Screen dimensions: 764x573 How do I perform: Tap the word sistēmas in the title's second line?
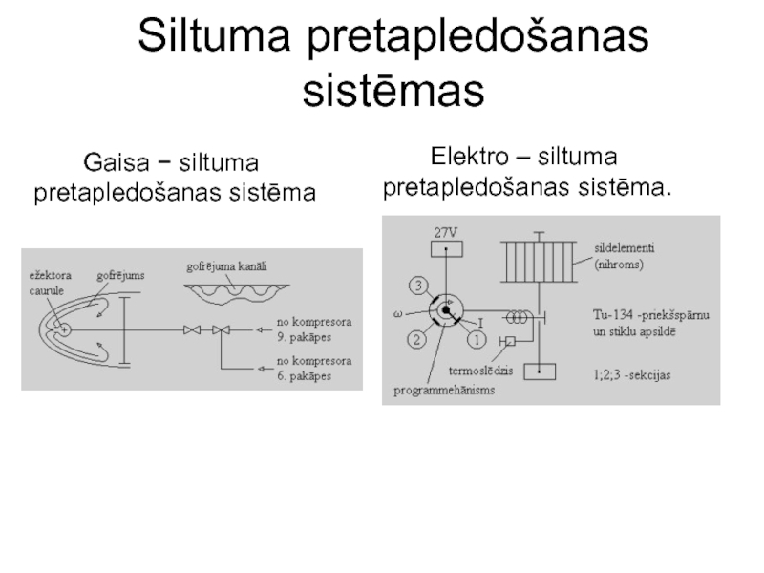(393, 92)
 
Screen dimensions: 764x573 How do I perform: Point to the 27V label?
(447, 232)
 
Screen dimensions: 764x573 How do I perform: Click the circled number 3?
(417, 285)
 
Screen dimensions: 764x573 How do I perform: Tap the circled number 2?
(417, 337)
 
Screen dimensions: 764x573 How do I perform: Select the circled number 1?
(474, 337)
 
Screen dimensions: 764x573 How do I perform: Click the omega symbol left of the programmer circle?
(398, 312)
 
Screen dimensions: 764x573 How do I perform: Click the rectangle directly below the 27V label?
(447, 250)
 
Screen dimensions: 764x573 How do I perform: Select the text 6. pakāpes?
(305, 375)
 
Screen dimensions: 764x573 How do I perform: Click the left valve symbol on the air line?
(193, 330)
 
